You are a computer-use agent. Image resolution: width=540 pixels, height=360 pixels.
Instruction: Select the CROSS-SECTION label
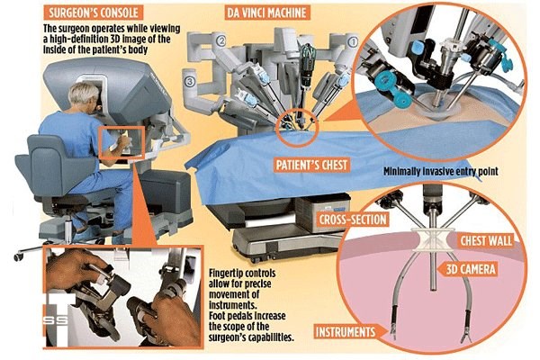tap(353, 220)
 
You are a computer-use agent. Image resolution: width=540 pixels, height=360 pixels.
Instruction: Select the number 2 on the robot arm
tap(220, 40)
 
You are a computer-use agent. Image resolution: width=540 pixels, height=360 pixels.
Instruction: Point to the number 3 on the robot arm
tap(189, 81)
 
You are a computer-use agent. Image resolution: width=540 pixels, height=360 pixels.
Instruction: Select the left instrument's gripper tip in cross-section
tap(393, 335)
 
